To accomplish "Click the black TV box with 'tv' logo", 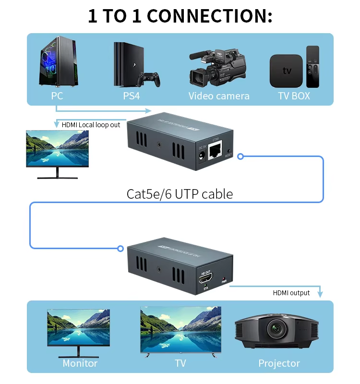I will [x=287, y=71].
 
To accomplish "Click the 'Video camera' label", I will [x=219, y=96].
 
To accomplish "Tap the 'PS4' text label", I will [x=132, y=96].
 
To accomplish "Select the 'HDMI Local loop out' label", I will [x=91, y=125].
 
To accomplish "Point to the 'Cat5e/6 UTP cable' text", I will [x=180, y=194].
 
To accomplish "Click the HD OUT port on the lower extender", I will [x=205, y=279].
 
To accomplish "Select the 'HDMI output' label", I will [x=291, y=293].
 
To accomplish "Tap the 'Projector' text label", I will [x=279, y=363].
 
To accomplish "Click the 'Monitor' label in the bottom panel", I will [x=80, y=363].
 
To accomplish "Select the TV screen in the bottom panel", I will [x=180, y=329].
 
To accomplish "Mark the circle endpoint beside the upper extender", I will [x=241, y=156].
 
